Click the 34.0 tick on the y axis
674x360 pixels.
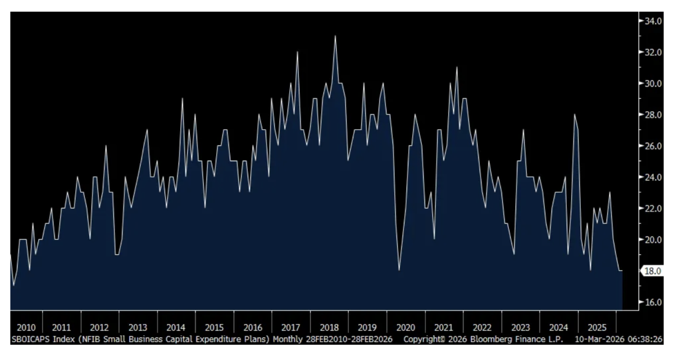652,21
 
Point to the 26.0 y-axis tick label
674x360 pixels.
652,146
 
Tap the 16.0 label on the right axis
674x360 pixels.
652,302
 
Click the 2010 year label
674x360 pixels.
26,327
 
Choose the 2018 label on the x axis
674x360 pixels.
329,327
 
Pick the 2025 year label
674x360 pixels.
596,327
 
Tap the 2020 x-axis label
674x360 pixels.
406,327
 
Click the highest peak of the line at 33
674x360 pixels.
335,37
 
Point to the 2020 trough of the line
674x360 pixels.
399,270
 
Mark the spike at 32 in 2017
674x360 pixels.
297,52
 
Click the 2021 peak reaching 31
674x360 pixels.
457,68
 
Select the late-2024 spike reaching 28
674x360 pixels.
575,115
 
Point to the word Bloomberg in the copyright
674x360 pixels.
488,339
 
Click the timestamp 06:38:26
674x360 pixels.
647,339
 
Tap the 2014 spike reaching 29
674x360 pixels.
182,99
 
